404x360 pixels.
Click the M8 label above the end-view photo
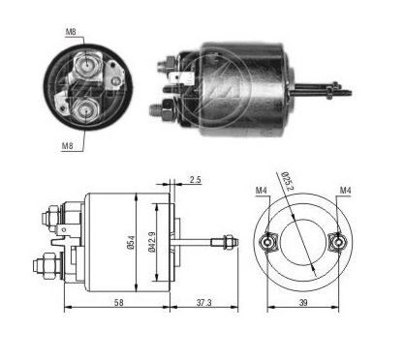coord(71,31)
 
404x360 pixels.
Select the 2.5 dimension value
coord(195,180)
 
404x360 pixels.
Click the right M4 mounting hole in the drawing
coord(339,242)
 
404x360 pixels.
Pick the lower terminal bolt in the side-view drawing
coord(47,262)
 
